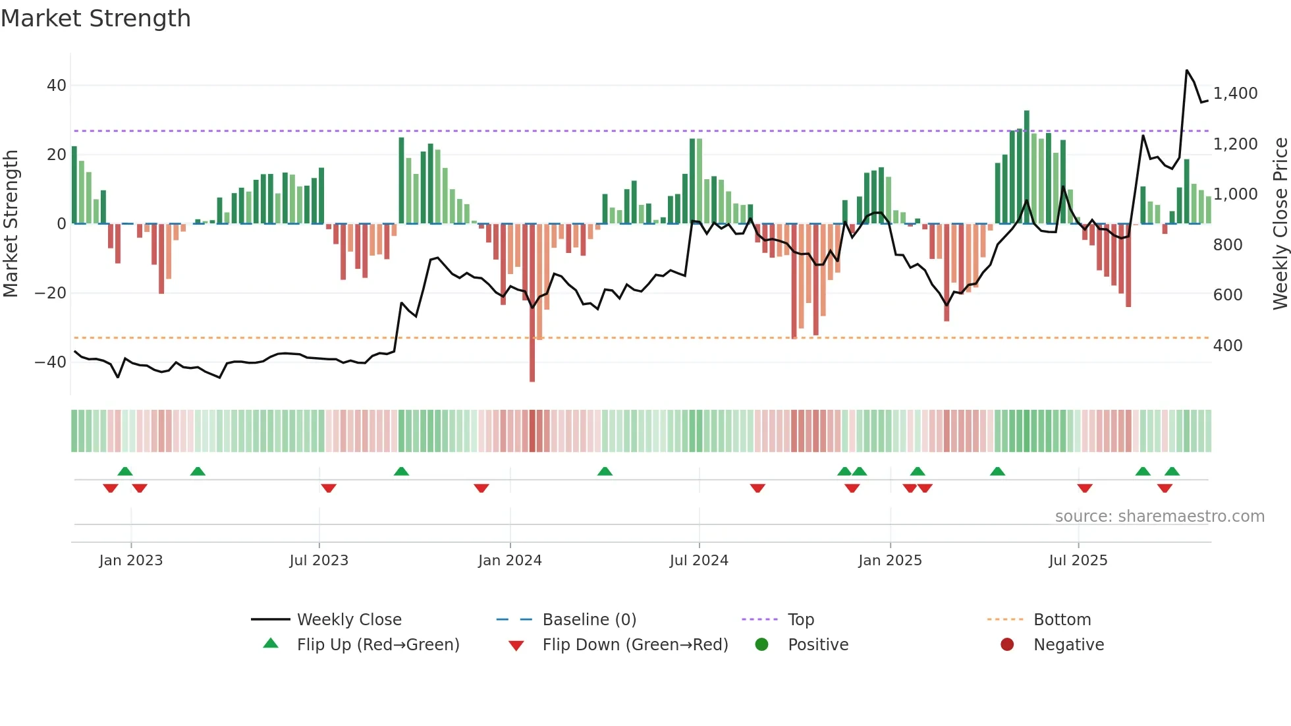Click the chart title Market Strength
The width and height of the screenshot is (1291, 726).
96,18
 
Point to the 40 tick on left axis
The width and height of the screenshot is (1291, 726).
56,86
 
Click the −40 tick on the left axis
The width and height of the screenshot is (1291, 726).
51,362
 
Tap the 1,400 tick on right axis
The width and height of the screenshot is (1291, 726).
1235,94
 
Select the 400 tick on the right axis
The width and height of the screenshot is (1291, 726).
1228,346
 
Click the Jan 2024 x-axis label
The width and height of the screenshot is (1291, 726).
510,561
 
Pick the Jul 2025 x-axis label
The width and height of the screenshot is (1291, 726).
1078,561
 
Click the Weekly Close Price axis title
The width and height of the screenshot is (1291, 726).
1280,224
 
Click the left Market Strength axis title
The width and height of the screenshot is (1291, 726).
11,224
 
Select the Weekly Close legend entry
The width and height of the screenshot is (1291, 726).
348,620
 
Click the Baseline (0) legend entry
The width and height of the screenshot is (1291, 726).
589,620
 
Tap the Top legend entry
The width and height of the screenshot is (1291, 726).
800,620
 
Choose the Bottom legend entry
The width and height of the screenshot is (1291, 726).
1062,620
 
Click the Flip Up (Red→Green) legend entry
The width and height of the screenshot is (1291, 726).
377,645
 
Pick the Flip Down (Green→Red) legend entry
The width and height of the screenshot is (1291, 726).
635,645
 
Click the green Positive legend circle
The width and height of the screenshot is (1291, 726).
762,645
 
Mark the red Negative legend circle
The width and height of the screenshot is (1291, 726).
1007,645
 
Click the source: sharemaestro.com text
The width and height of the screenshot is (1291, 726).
1159,517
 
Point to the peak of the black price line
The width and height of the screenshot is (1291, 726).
1187,70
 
